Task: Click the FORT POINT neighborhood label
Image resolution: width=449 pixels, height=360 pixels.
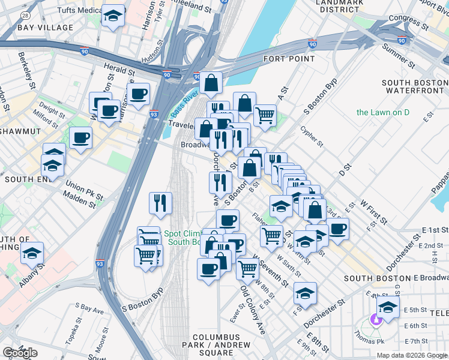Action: click(x=289, y=59)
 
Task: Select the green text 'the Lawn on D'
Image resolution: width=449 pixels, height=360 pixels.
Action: click(x=382, y=112)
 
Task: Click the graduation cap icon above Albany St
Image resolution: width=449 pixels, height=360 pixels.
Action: click(x=32, y=253)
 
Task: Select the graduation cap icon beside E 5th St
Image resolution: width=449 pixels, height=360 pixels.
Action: click(x=388, y=307)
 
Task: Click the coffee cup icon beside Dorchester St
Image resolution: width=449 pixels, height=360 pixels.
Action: click(x=338, y=229)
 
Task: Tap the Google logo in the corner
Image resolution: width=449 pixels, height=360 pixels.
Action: click(x=20, y=353)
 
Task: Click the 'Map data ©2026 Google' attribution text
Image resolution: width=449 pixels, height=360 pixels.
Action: click(x=411, y=355)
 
